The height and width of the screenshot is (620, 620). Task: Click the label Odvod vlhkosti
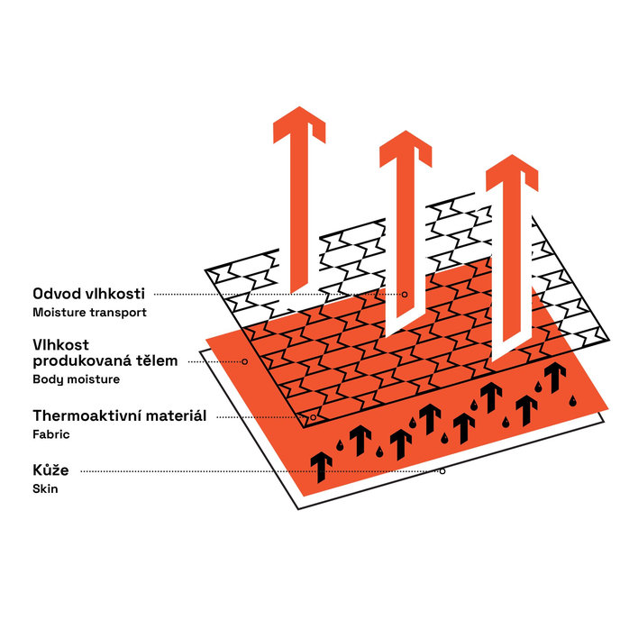click(x=89, y=294)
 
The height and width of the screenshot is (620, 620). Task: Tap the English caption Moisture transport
click(x=90, y=313)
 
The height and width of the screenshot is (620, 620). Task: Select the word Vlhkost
click(x=61, y=345)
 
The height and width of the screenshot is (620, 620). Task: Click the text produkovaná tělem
click(x=105, y=361)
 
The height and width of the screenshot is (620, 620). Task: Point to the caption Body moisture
click(x=77, y=379)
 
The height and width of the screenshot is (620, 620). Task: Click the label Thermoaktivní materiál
click(x=120, y=415)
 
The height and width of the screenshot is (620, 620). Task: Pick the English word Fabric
click(x=51, y=434)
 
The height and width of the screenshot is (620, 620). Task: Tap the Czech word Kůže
click(x=50, y=470)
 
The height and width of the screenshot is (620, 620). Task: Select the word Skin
click(x=45, y=488)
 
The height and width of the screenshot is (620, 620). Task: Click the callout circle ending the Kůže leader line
click(x=442, y=471)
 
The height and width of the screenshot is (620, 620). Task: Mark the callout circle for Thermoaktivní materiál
click(x=314, y=417)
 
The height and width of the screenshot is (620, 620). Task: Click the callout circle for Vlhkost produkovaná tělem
click(x=245, y=361)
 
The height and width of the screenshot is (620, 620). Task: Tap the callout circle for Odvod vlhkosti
click(x=405, y=294)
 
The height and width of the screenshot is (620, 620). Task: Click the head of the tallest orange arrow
click(x=299, y=124)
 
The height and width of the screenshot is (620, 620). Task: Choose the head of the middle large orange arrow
click(x=406, y=149)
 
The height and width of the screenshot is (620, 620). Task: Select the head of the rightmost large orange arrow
click(x=512, y=172)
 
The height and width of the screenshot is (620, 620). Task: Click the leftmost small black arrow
click(x=321, y=468)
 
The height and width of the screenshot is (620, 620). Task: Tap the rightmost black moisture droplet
click(x=572, y=400)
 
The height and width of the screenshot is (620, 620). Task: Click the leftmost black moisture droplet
click(x=340, y=445)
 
